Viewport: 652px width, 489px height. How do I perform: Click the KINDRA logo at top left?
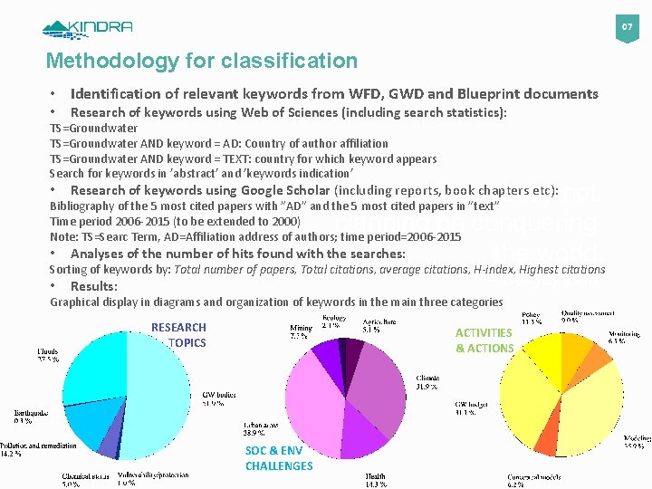tap(87, 27)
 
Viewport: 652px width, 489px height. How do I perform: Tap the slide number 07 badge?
tap(625, 27)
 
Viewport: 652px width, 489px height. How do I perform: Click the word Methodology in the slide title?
tap(102, 62)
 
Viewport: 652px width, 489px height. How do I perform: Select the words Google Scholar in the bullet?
tap(285, 190)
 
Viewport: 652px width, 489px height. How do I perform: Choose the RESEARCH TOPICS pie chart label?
tap(178, 335)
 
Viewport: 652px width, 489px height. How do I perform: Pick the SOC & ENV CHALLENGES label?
tap(278, 458)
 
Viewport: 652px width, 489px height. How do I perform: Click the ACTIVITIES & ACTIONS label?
tap(484, 340)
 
